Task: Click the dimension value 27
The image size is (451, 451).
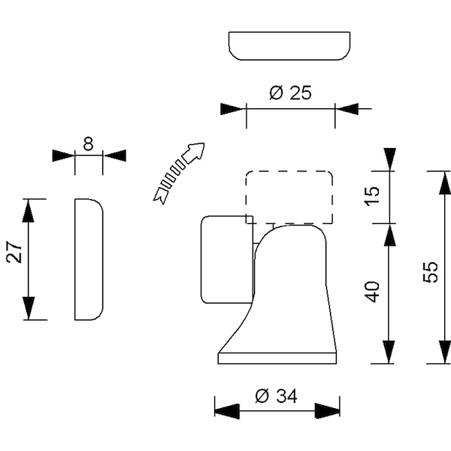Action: [14, 253]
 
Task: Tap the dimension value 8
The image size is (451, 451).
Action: [88, 144]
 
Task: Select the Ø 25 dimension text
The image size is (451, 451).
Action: [290, 93]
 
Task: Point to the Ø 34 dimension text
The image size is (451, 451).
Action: [276, 396]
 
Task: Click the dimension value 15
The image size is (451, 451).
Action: [372, 196]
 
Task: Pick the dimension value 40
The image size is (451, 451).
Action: [372, 292]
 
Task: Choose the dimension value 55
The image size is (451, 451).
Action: [431, 272]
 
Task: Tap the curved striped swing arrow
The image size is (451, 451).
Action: [179, 173]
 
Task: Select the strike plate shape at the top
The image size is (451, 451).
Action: [289, 46]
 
